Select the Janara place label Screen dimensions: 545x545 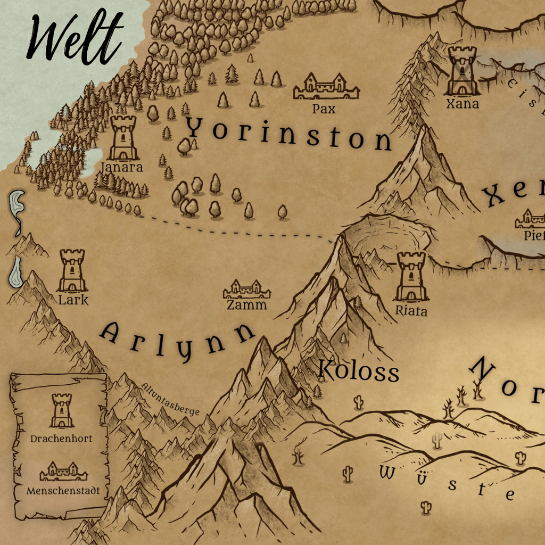click(122, 167)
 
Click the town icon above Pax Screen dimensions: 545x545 click(326, 87)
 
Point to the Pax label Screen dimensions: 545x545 click(324, 109)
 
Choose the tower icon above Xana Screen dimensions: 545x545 click(461, 70)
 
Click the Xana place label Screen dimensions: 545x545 click(462, 104)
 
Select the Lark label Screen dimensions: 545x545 click(73, 300)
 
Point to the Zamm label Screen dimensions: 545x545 click(246, 305)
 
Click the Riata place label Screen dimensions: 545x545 click(411, 310)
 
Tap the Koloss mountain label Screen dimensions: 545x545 click(359, 371)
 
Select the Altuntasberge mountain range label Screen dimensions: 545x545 click(171, 400)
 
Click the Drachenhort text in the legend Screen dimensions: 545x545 click(61, 439)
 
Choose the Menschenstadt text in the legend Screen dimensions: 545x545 click(63, 491)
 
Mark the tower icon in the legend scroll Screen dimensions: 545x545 click(62, 410)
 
